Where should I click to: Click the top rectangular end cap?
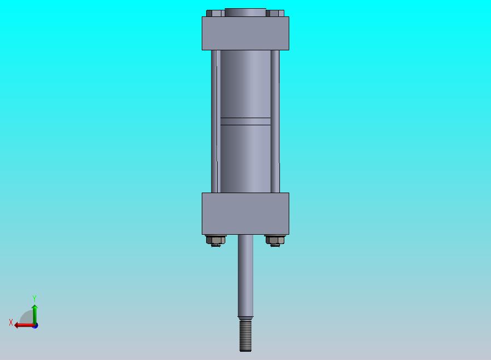pos(245,33)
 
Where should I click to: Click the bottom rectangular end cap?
pos(245,214)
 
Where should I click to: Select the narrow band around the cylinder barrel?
pos(245,121)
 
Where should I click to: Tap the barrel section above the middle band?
pos(245,84)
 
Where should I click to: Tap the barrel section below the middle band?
pos(245,159)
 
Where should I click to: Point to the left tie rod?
pos(214,121)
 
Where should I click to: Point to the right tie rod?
pos(275,121)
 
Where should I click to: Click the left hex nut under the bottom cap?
pos(216,240)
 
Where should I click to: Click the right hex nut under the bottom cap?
pos(275,240)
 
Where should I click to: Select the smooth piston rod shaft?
pos(245,275)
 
